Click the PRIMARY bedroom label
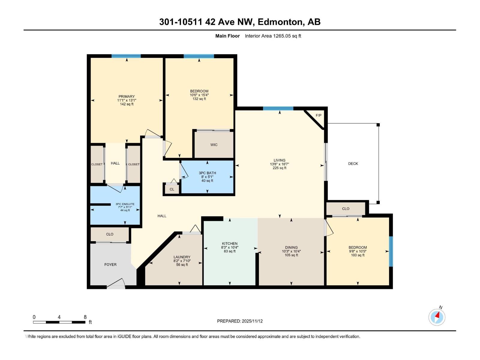(126, 97)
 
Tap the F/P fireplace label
(318, 115)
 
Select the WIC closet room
(214, 145)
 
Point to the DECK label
(353, 163)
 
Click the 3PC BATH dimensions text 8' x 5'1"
(207, 177)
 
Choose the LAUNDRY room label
(182, 257)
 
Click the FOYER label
(110, 265)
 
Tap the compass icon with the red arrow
(437, 317)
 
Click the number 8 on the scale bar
(85, 317)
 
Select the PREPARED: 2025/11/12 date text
(240, 321)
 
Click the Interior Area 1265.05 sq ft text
(273, 36)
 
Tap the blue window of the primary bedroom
(126, 56)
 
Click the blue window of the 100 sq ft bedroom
(391, 251)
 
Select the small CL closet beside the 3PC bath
(172, 189)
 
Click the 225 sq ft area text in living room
(279, 168)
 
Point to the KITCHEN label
(229, 244)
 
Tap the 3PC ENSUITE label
(125, 204)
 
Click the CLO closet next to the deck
(346, 208)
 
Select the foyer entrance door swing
(117, 283)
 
